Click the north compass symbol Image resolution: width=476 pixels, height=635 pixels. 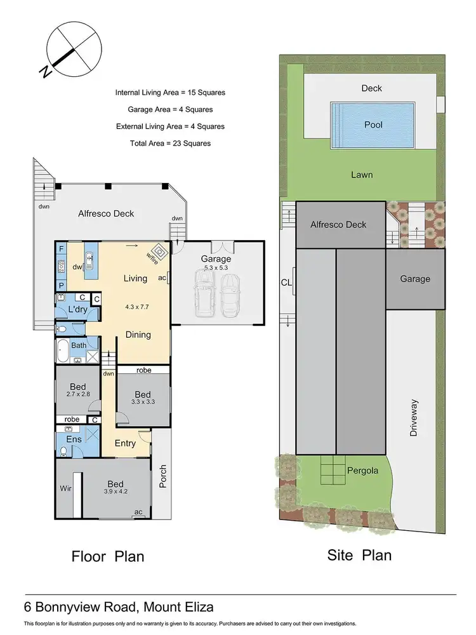pos(73,49)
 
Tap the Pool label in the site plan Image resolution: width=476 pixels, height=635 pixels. pos(373,125)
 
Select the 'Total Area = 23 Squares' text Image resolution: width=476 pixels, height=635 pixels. pos(169,144)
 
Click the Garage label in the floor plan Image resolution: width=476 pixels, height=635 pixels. pos(216,258)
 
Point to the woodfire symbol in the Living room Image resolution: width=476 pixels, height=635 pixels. pos(160,252)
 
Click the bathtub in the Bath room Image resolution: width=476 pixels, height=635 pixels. pos(63,351)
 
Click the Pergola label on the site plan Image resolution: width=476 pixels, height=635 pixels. pos(362,472)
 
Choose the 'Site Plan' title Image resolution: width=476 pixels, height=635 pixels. pos(359,555)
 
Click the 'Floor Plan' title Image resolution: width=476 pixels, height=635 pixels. pos(107,556)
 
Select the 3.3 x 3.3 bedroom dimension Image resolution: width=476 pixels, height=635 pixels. pos(143,401)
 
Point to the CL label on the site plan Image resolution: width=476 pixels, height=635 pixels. pos(286,284)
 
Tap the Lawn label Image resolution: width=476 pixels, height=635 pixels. pos(362,175)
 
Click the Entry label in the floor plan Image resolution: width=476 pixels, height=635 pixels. pos(126,443)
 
